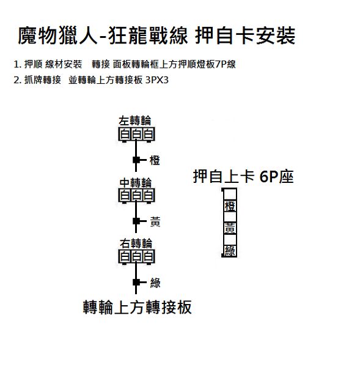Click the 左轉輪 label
coord(134,120)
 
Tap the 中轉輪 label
coord(136,182)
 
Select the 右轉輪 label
coord(136,243)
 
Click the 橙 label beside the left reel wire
coord(155,160)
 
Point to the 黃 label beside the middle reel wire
coord(155,221)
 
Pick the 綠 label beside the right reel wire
coord(155,283)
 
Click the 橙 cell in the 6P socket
coord(230,206)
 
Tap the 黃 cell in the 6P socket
coord(230,228)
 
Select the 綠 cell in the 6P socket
coord(230,251)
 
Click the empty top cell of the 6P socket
coord(230,195)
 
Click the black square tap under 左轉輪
coord(136,160)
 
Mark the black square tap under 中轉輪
coord(136,221)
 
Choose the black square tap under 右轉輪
coord(136,282)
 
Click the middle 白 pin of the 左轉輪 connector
coord(136,134)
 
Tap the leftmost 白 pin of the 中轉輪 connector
coord(125,196)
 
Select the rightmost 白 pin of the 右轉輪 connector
coord(149,256)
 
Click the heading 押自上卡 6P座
coord(243,177)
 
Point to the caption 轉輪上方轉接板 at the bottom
coord(138,307)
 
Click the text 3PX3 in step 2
coord(157,80)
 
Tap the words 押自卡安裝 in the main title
coord(245,36)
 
